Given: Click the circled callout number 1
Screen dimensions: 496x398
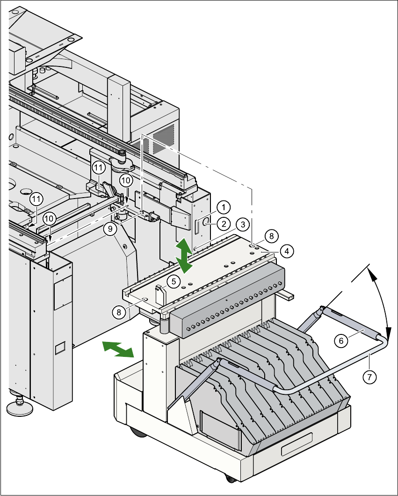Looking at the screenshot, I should (224, 207).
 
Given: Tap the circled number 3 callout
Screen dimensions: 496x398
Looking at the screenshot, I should (242, 225).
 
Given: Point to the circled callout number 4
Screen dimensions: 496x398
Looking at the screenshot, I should (287, 251).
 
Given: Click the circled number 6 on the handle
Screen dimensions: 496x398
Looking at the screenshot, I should (341, 341).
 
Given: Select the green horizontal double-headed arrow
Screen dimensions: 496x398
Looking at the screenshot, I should (117, 349).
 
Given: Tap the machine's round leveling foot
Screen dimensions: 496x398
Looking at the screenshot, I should (20, 406).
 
